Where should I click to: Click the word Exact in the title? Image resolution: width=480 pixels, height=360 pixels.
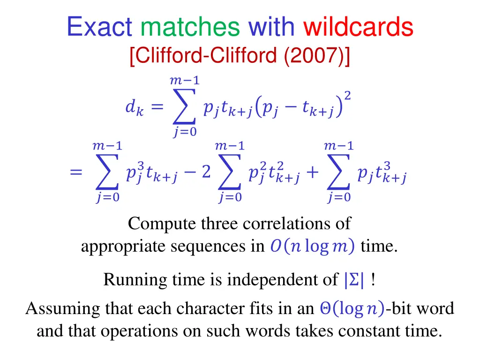pyautogui.click(x=99, y=27)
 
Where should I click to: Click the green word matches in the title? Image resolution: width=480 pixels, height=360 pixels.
pyautogui.click(x=190, y=27)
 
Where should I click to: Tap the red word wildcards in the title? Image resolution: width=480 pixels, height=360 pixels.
pyautogui.click(x=358, y=27)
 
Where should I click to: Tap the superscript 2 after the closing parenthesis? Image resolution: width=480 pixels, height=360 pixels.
pyautogui.click(x=347, y=96)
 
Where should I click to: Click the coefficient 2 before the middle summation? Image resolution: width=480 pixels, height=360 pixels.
pyautogui.click(x=206, y=173)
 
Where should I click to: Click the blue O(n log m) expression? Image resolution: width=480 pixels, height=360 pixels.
pyautogui.click(x=312, y=246)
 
